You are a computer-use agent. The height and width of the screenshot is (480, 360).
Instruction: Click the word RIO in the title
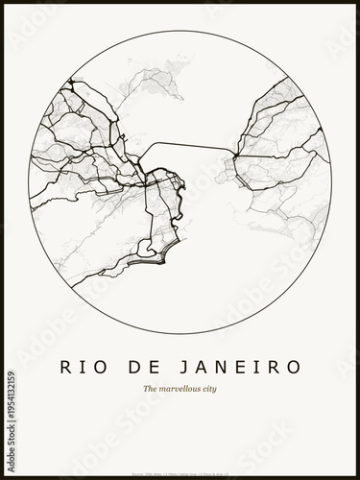86,367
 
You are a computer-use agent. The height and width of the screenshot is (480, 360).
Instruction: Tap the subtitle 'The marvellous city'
180,390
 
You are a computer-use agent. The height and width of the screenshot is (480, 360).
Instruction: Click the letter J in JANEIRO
187,367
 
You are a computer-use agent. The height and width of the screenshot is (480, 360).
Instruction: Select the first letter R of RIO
65,367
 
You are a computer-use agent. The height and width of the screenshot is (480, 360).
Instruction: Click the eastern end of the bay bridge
233,155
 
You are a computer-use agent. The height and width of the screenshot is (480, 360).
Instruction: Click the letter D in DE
140,367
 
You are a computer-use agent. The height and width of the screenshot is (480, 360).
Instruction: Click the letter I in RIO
86,367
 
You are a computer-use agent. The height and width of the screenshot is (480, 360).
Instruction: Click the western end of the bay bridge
144,164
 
